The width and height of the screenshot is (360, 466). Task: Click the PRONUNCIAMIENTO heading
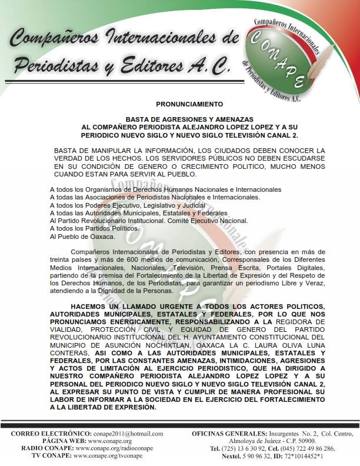click(181, 102)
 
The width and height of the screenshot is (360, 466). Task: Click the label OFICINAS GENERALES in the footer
click(229, 433)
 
